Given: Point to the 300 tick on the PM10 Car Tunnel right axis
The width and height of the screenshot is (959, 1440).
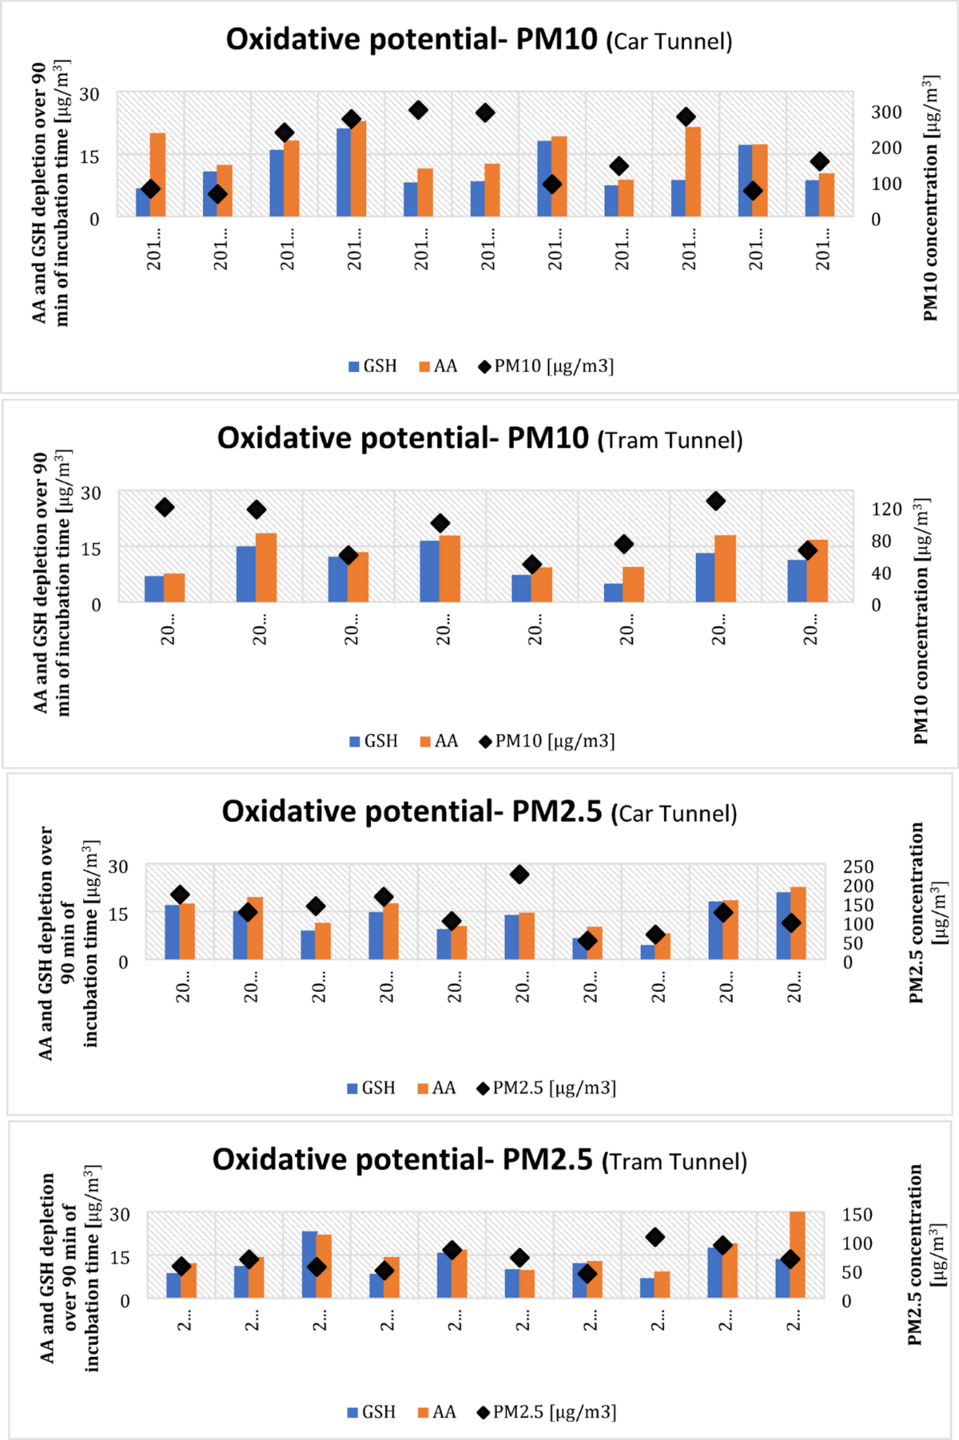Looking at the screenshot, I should point(886,113).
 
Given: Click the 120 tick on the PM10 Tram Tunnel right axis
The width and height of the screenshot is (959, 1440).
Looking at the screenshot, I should point(886,510).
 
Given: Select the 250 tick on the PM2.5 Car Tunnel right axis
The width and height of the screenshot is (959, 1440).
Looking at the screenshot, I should point(859,867).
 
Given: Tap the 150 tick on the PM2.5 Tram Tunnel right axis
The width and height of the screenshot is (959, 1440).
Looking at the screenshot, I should point(857,1215).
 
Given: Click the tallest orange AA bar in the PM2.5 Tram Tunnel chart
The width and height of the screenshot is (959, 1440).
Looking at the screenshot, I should point(797,1254).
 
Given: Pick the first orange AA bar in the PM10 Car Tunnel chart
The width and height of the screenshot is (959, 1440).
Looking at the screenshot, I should point(157,176).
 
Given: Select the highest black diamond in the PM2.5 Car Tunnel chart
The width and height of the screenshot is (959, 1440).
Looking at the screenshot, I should point(519,875).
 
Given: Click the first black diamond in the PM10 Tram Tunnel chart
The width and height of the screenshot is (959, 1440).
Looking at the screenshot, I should point(165,507).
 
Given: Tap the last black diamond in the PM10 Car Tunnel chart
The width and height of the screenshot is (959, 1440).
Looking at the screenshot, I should point(819,162).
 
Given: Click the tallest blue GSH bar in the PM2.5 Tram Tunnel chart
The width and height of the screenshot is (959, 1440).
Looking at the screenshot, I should point(309,1263).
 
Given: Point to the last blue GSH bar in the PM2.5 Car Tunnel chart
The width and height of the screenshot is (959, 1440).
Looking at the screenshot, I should point(783,926).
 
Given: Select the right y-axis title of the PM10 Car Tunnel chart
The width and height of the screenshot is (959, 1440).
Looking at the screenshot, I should point(930,200).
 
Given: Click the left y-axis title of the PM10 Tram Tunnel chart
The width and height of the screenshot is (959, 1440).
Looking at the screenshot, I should point(51,583).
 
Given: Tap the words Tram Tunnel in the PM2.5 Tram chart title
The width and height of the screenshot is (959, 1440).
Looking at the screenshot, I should point(674,1162).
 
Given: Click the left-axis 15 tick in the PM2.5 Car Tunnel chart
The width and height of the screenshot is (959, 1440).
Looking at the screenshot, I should point(118,914).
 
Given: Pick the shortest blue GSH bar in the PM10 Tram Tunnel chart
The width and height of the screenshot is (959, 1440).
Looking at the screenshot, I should point(613,593).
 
